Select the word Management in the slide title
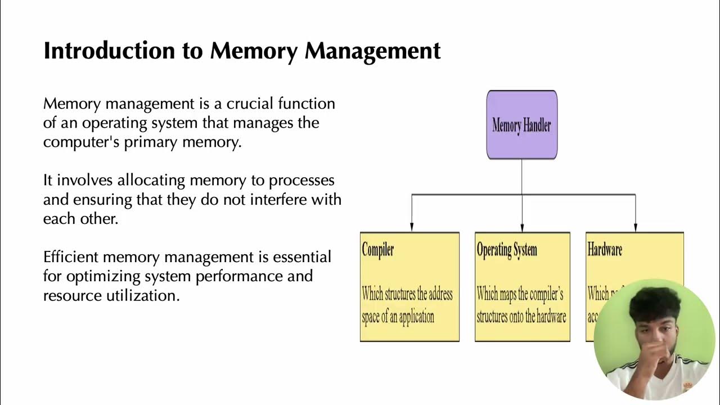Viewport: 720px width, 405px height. click(372, 51)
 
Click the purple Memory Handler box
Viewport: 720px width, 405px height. click(521, 125)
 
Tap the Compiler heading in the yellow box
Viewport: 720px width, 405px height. click(378, 250)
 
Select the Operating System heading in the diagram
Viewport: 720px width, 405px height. click(507, 250)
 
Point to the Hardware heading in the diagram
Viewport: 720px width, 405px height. click(605, 250)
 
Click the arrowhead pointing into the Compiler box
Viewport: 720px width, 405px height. click(412, 227)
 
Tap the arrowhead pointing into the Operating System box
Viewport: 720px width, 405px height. click(522, 227)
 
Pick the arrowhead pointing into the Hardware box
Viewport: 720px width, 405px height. click(636, 227)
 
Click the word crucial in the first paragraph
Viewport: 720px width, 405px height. click(250, 104)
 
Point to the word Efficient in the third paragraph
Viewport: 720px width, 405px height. click(70, 258)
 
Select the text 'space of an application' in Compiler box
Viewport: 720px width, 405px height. click(398, 317)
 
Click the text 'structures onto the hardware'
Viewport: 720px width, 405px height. click(521, 317)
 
